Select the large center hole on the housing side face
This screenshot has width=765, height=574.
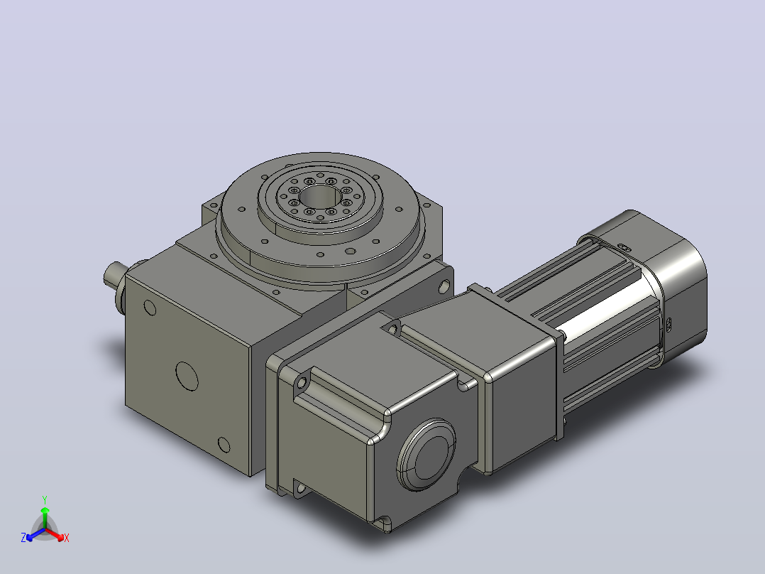[187, 376]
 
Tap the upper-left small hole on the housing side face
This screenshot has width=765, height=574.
[150, 308]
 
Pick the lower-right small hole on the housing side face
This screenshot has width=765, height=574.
[224, 445]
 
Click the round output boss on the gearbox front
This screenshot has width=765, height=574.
[426, 455]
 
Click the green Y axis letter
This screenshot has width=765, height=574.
[45, 499]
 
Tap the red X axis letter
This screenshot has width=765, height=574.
[67, 538]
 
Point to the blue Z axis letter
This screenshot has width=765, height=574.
[23, 538]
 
